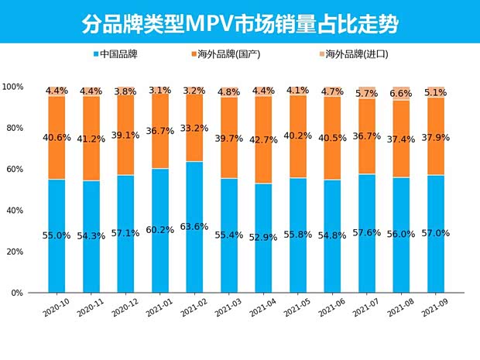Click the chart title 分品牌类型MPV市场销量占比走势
pos(240,24)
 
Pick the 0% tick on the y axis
pos(19,293)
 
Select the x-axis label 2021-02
pos(193,310)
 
